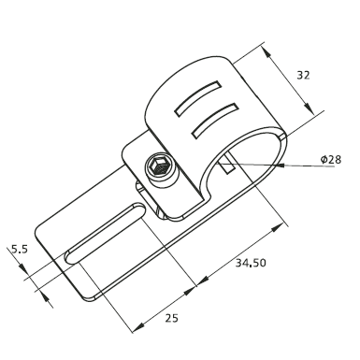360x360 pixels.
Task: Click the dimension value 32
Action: (303, 75)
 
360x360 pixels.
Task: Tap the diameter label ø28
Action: (331, 160)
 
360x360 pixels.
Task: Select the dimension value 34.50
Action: (251, 263)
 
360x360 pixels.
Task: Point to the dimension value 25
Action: (171, 318)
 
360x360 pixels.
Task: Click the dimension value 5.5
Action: (20, 249)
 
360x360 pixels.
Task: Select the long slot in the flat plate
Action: (105, 233)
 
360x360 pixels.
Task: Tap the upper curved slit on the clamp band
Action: (198, 98)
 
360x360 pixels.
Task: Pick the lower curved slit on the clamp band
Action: (215, 120)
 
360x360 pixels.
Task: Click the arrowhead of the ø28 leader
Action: (278, 165)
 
